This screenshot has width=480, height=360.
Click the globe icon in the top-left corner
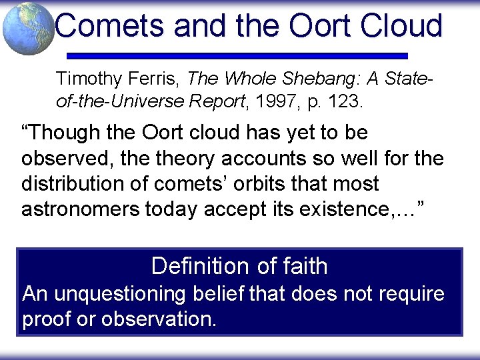(28, 28)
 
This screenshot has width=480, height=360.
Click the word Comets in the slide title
(109, 25)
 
